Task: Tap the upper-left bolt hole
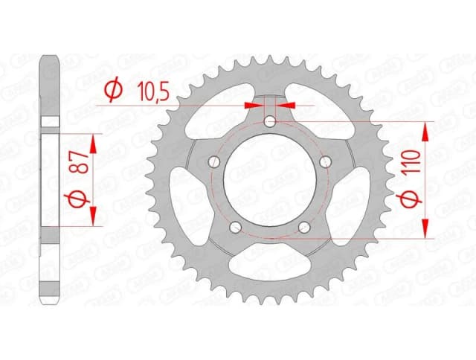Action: click(x=214, y=161)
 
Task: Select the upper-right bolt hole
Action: click(x=324, y=161)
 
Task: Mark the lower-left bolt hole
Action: click(x=235, y=227)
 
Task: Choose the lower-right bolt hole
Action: click(x=303, y=227)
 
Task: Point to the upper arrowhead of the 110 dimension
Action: click(x=426, y=130)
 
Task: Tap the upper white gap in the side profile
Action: click(x=50, y=122)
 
